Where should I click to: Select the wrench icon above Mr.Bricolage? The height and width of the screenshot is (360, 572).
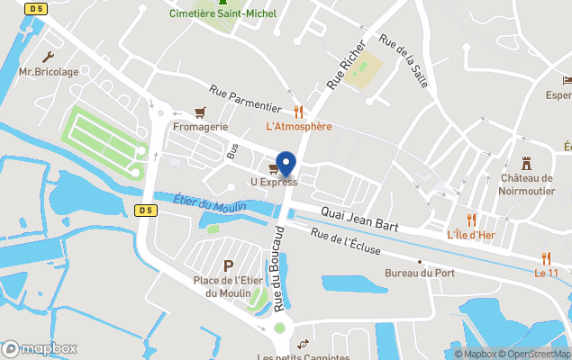48,56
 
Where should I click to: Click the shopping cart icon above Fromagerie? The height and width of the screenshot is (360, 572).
200,112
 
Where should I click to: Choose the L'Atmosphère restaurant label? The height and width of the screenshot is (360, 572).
298,126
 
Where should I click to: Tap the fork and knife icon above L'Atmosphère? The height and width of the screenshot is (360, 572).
298,112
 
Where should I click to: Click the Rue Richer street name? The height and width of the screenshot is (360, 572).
346,64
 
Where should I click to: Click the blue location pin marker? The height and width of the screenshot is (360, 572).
286,163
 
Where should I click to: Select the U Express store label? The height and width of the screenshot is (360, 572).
273,182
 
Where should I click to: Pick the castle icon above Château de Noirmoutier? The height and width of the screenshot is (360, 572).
527,163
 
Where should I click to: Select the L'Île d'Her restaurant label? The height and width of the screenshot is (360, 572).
471,234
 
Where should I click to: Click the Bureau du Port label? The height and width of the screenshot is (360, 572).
419,273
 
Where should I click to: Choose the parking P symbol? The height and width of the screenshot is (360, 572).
228,265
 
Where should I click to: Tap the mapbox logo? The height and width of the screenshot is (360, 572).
41,348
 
